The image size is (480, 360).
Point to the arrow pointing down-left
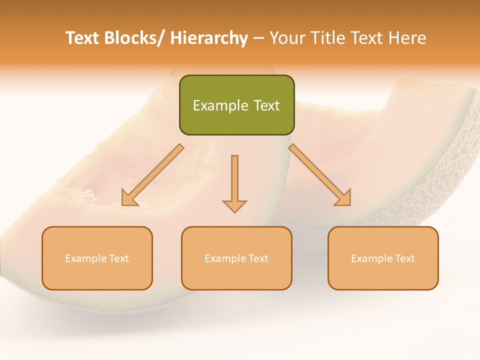pyautogui.click(x=152, y=175)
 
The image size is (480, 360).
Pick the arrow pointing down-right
pyautogui.click(x=320, y=175)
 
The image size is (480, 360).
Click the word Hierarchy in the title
pyautogui.click(x=209, y=38)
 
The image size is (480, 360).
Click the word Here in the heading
pyautogui.click(x=408, y=38)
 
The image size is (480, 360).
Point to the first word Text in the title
pyautogui.click(x=83, y=38)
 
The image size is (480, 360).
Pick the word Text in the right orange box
pyautogui.click(x=404, y=259)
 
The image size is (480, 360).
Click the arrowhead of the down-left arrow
pyautogui.click(x=129, y=198)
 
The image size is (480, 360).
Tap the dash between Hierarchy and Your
pyautogui.click(x=259, y=38)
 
